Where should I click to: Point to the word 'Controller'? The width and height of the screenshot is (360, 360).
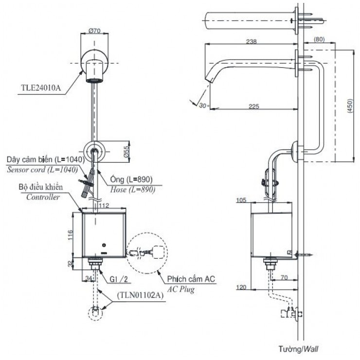click(44, 197)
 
